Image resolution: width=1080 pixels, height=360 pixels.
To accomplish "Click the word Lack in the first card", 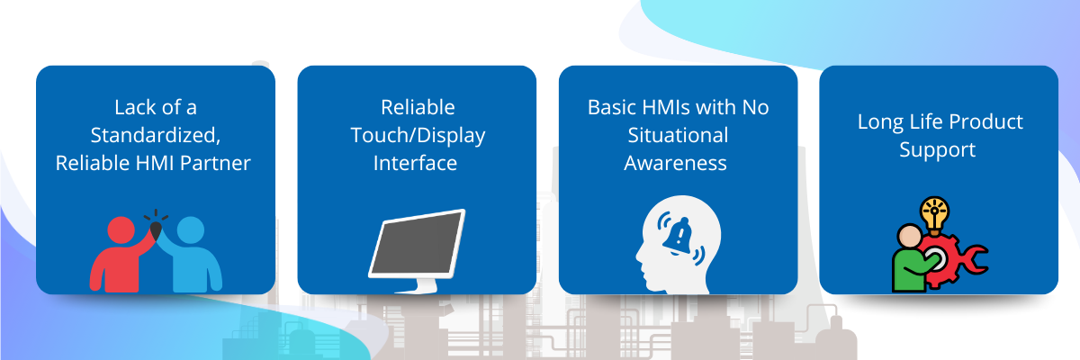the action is point(131,107).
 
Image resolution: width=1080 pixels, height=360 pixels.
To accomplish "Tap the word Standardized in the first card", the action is point(155,135).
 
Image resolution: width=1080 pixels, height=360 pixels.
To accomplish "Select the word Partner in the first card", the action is point(215,163).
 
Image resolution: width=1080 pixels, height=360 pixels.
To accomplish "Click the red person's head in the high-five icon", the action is point(121,230).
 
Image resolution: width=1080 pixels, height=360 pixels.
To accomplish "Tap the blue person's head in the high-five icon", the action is point(191,230).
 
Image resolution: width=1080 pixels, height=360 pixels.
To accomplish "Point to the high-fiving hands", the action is point(156,229).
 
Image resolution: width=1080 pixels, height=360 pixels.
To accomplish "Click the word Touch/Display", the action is point(418,136).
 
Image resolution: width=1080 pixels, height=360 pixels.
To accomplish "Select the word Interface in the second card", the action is point(415,163).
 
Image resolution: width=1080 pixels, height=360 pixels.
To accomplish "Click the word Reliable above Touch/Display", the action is point(418,107).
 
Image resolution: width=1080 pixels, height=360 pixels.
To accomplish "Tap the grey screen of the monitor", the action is point(417,243).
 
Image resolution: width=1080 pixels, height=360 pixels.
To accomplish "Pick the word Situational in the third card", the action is point(678,135).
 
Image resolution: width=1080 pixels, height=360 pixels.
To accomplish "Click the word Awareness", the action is point(676,163).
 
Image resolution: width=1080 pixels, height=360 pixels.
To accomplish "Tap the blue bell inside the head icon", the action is point(679,236).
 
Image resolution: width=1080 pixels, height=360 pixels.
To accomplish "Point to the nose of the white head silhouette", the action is point(638,255).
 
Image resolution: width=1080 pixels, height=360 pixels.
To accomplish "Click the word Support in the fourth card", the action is point(937,150).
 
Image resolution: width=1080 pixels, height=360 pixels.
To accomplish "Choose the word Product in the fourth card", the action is point(987,121).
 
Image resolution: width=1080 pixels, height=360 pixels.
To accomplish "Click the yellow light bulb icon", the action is point(934,215).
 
